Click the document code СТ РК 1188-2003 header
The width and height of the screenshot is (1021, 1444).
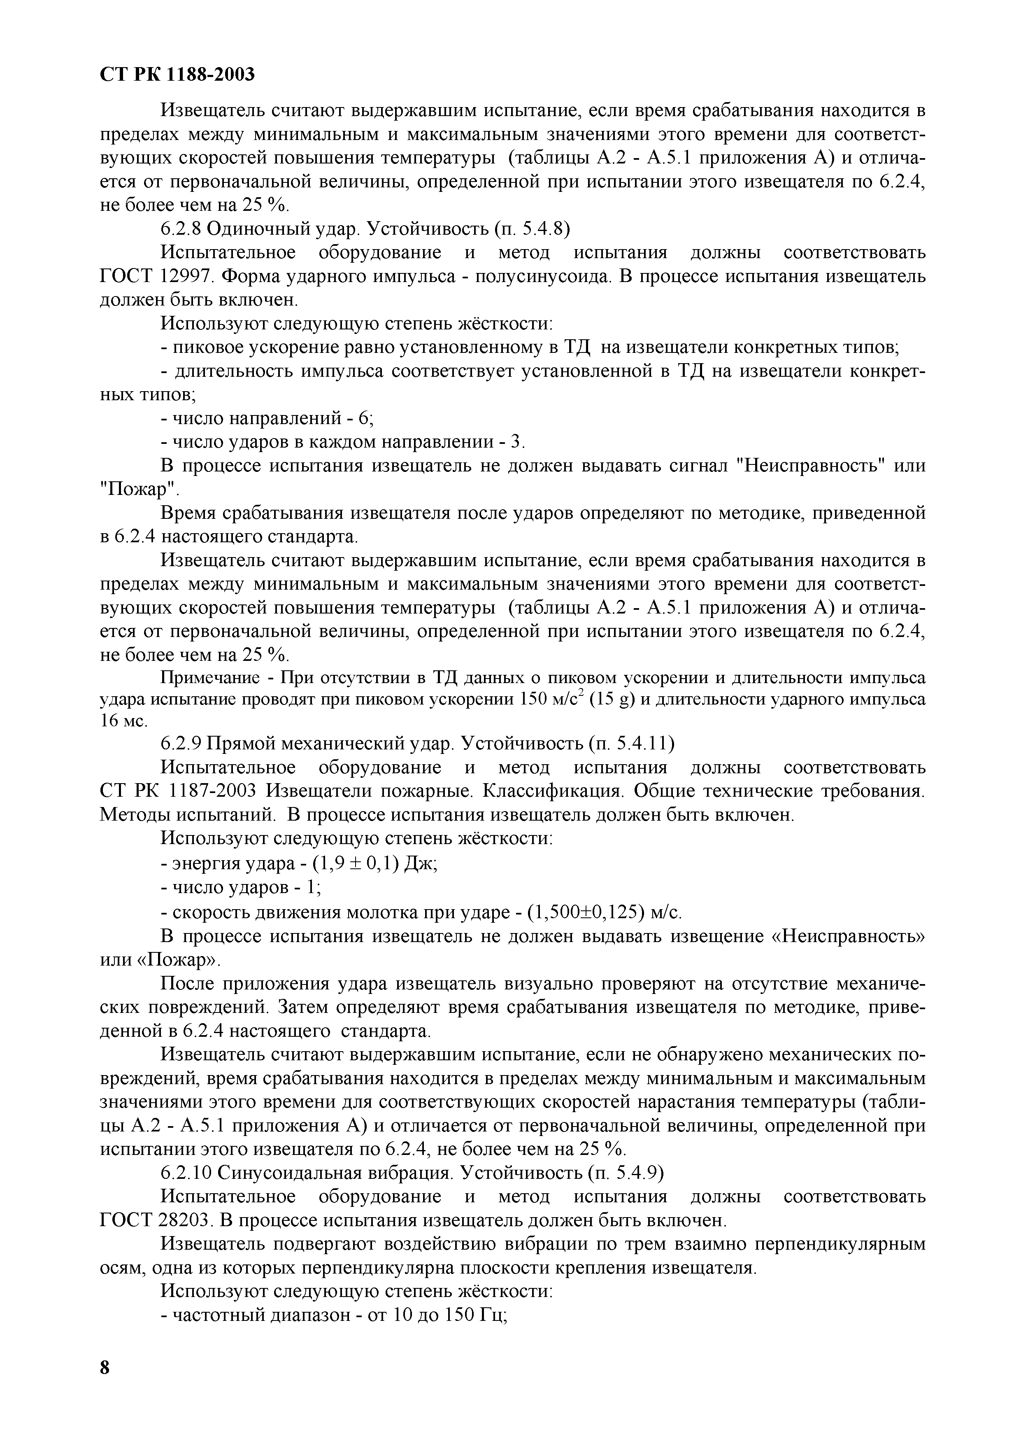[178, 74]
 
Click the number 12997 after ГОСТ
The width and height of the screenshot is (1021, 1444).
[188, 276]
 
